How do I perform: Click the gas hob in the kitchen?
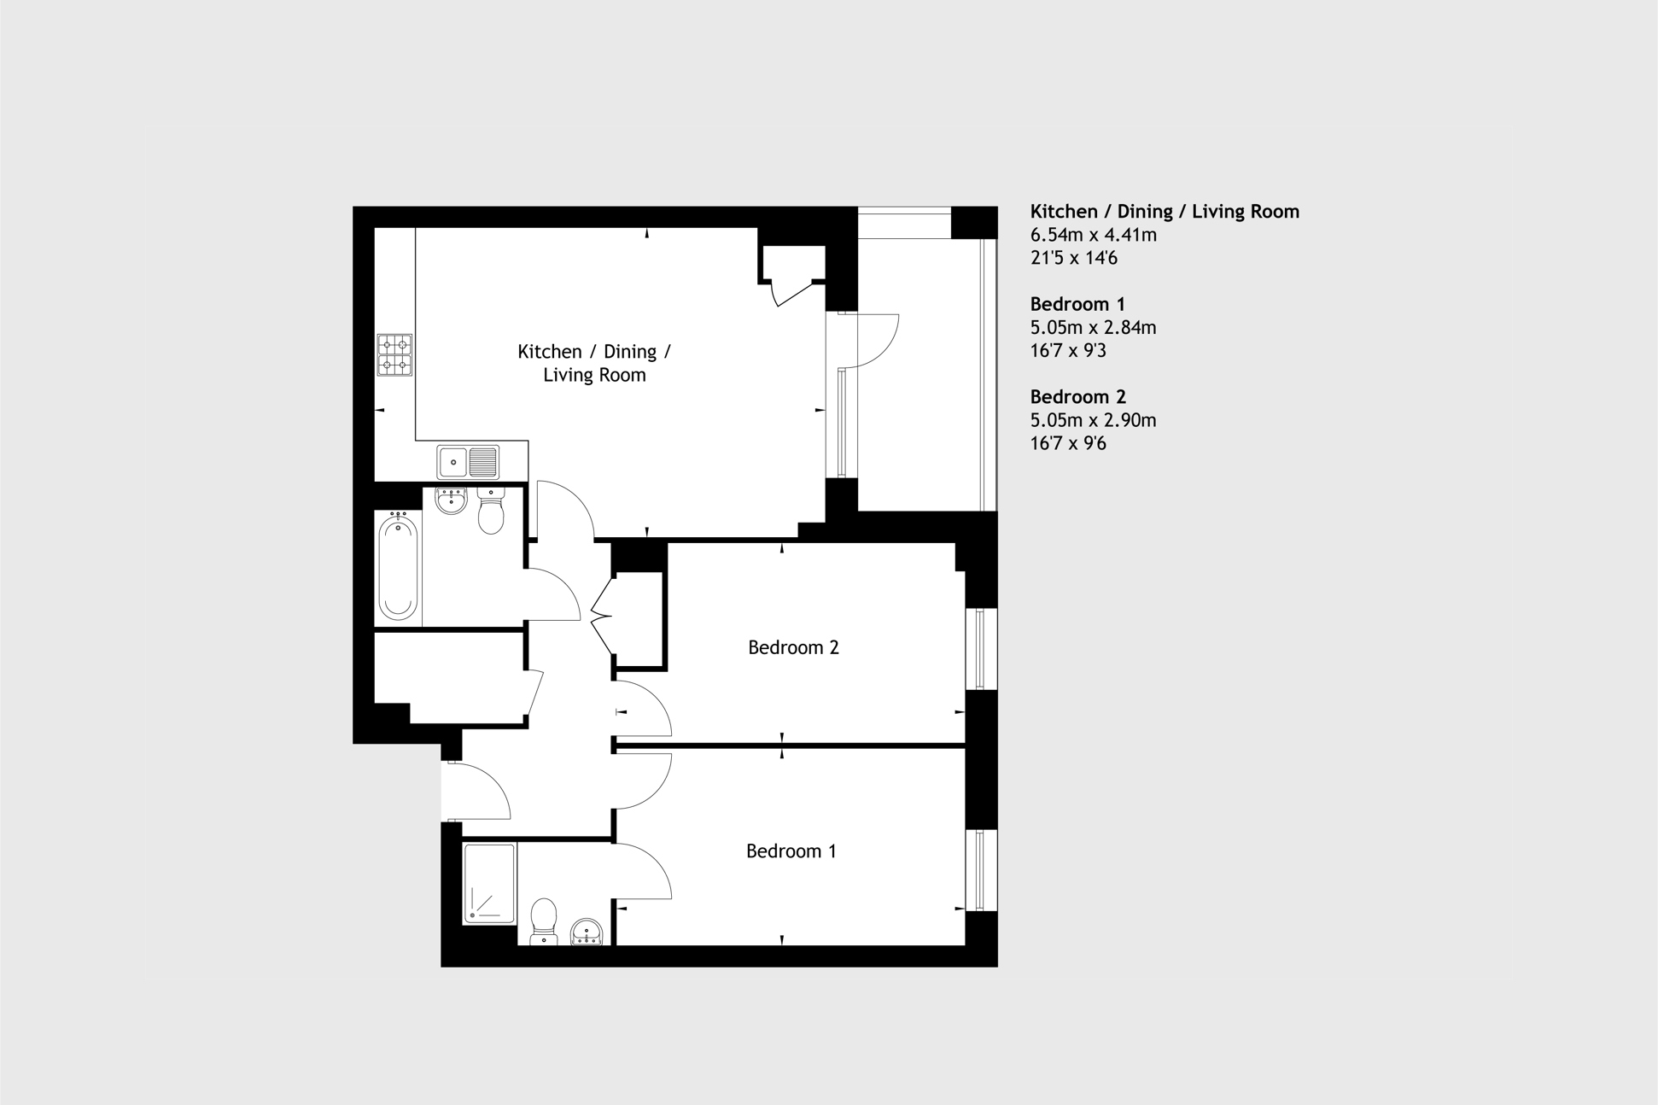[x=394, y=354]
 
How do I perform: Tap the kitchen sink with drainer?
[x=468, y=462]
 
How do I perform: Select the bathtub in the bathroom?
[x=398, y=567]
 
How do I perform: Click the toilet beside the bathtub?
[x=491, y=511]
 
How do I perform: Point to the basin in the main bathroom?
[x=451, y=500]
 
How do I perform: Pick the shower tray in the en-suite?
[x=489, y=883]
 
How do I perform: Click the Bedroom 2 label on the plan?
[x=793, y=647]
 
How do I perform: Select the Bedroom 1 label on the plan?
[x=791, y=851]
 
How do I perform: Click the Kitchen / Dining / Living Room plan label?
[x=594, y=363]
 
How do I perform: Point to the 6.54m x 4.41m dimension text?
[x=1093, y=235]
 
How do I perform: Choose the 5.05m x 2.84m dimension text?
[x=1093, y=327]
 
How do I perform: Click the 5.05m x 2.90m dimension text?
[x=1093, y=420]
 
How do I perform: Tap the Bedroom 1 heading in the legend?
[x=1077, y=304]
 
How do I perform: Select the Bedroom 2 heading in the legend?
[x=1077, y=397]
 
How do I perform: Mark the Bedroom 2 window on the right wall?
[x=981, y=648]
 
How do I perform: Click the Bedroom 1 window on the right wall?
[x=981, y=869]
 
